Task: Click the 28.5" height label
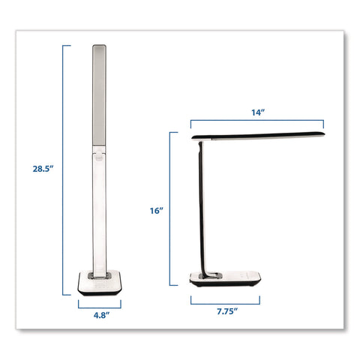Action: coord(43,169)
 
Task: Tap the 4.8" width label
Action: coord(101,316)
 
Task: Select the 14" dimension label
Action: coord(258,112)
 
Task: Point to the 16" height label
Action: coord(157,211)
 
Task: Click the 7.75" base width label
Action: coord(227,311)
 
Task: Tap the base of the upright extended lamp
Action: coord(100,283)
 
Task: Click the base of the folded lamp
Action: coord(225,279)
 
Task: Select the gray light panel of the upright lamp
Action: coord(99,95)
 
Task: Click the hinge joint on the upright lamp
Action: coord(99,153)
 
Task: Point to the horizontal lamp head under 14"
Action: coord(258,136)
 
